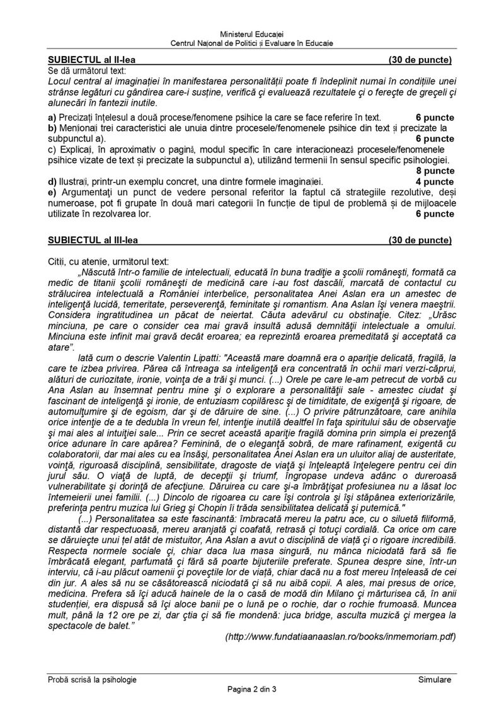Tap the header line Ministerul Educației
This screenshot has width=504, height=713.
[252, 33]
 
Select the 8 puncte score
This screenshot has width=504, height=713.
[435, 171]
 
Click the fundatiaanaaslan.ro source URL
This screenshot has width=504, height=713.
[340, 637]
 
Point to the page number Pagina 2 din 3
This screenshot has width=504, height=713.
[252, 689]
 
